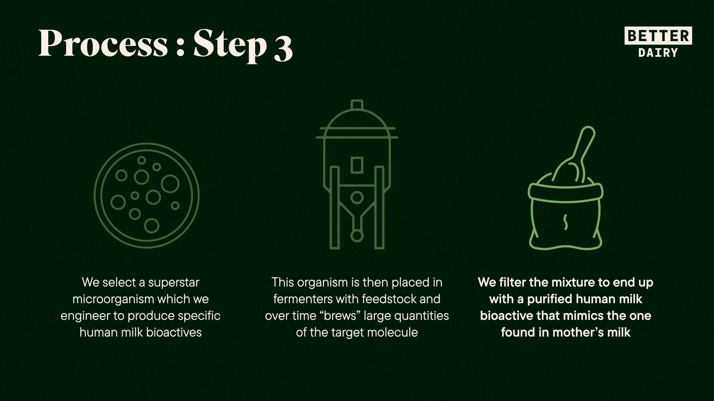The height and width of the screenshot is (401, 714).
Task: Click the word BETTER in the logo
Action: point(658,36)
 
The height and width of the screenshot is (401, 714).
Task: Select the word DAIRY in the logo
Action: point(658,53)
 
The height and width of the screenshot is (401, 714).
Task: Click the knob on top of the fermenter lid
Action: point(357,105)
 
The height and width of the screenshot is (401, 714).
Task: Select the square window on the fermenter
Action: point(357,165)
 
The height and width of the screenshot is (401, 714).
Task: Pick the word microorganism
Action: point(113,299)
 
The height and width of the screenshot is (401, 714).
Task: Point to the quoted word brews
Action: point(340,316)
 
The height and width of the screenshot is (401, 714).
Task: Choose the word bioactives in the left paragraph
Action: point(174,332)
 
